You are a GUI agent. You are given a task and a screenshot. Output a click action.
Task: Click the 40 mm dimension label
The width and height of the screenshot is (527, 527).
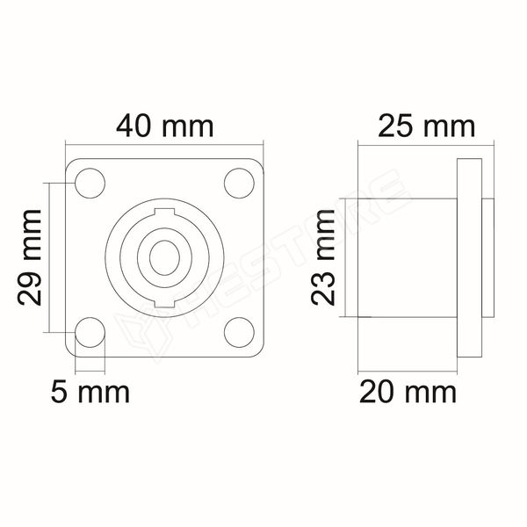(165, 126)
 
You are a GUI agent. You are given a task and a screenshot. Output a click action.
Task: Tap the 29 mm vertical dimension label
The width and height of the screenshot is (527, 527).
(30, 257)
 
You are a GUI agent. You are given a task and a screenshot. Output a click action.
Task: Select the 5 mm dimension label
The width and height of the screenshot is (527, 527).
(90, 393)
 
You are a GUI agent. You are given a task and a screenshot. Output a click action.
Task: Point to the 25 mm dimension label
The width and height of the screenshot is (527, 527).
(427, 126)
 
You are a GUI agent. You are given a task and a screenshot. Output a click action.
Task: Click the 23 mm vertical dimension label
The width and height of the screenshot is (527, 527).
(323, 257)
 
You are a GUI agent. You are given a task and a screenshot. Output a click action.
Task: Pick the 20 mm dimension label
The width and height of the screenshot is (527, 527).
(408, 393)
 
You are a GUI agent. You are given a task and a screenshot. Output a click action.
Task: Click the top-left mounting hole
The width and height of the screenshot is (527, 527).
(90, 184)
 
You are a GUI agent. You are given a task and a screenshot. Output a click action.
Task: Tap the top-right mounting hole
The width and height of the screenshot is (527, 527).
(239, 184)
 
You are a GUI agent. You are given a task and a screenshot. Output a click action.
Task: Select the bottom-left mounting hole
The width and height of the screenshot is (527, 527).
(90, 332)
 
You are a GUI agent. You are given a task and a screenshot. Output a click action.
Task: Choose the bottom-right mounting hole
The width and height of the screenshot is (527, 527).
(239, 332)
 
